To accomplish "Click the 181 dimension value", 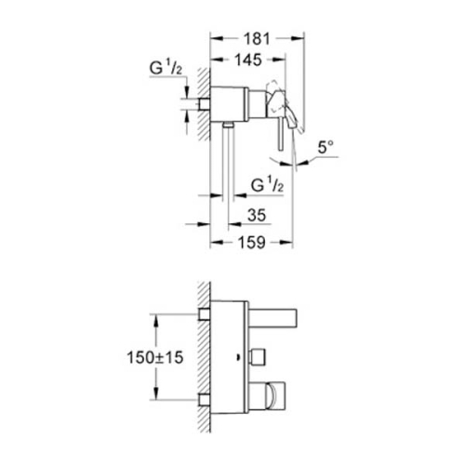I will point(258,41).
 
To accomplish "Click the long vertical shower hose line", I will point(228,167).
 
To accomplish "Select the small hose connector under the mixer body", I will point(228,124).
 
